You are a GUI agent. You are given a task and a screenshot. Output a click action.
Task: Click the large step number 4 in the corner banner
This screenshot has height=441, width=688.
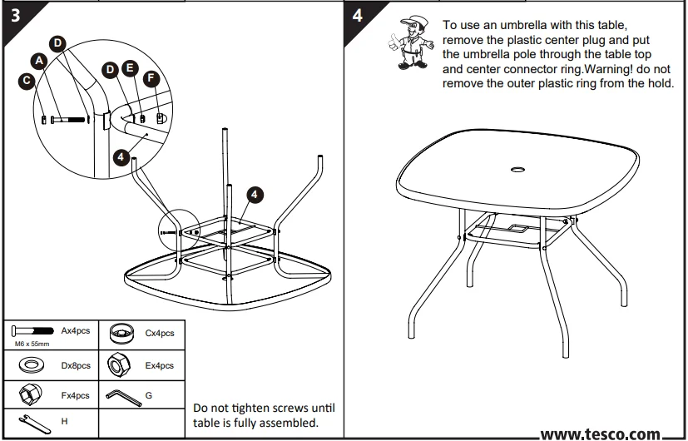point(357,17)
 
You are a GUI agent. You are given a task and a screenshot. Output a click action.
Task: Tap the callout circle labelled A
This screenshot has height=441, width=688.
point(38,62)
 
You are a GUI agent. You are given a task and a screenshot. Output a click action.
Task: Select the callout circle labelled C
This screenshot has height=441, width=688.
point(27,82)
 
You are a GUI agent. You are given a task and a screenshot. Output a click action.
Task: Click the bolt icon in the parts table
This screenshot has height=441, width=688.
point(33,331)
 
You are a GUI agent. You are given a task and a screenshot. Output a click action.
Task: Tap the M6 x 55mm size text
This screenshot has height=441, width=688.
point(32,344)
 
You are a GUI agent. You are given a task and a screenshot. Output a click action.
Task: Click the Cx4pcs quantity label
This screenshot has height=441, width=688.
point(159,334)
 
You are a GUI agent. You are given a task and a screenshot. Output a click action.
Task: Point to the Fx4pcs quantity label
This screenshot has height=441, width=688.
point(76,395)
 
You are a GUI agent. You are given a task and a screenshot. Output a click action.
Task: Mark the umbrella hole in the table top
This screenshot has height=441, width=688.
point(517,172)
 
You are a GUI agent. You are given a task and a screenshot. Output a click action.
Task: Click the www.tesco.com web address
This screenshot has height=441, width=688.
point(601,433)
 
